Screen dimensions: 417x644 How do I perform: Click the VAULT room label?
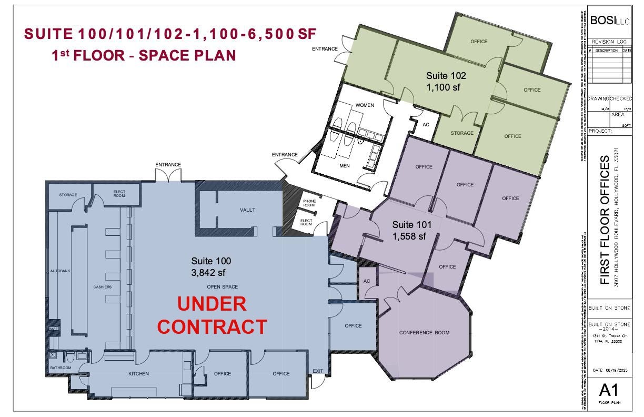[x=247, y=210]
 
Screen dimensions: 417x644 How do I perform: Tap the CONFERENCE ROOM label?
[x=424, y=333]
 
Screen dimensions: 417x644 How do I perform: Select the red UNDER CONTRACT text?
[x=212, y=315]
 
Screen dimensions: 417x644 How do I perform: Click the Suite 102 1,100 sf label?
[x=446, y=82]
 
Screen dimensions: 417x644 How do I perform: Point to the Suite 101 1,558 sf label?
[x=411, y=231]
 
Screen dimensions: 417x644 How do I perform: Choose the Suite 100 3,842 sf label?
[x=210, y=266]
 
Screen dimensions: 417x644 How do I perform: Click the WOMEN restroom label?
[x=365, y=105]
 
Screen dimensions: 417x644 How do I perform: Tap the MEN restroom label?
[x=344, y=166]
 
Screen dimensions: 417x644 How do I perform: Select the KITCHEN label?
[x=139, y=374]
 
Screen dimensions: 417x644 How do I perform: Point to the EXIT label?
[x=318, y=371]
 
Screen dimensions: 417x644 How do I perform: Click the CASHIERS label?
[x=102, y=287]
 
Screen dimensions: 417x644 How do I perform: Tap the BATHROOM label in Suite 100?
[x=61, y=368]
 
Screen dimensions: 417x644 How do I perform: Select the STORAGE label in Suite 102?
[x=461, y=133]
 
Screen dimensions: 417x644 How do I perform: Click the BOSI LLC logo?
[x=609, y=21]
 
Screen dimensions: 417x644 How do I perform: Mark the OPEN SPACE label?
[x=222, y=287]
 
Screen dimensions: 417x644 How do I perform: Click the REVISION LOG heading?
[x=609, y=42]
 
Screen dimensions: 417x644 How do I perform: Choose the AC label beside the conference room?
[x=367, y=281]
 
